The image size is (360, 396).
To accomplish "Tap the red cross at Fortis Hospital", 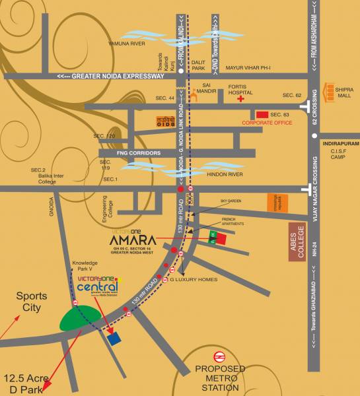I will pos(241,99).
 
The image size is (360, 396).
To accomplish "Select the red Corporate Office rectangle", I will pos(263,114).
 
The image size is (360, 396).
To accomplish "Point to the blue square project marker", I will pos(116,339).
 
